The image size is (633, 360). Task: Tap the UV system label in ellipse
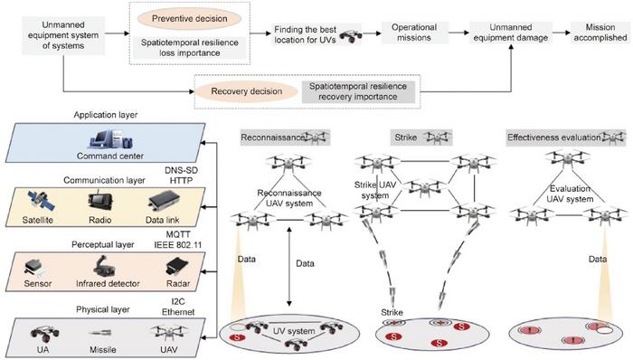point(293,331)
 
